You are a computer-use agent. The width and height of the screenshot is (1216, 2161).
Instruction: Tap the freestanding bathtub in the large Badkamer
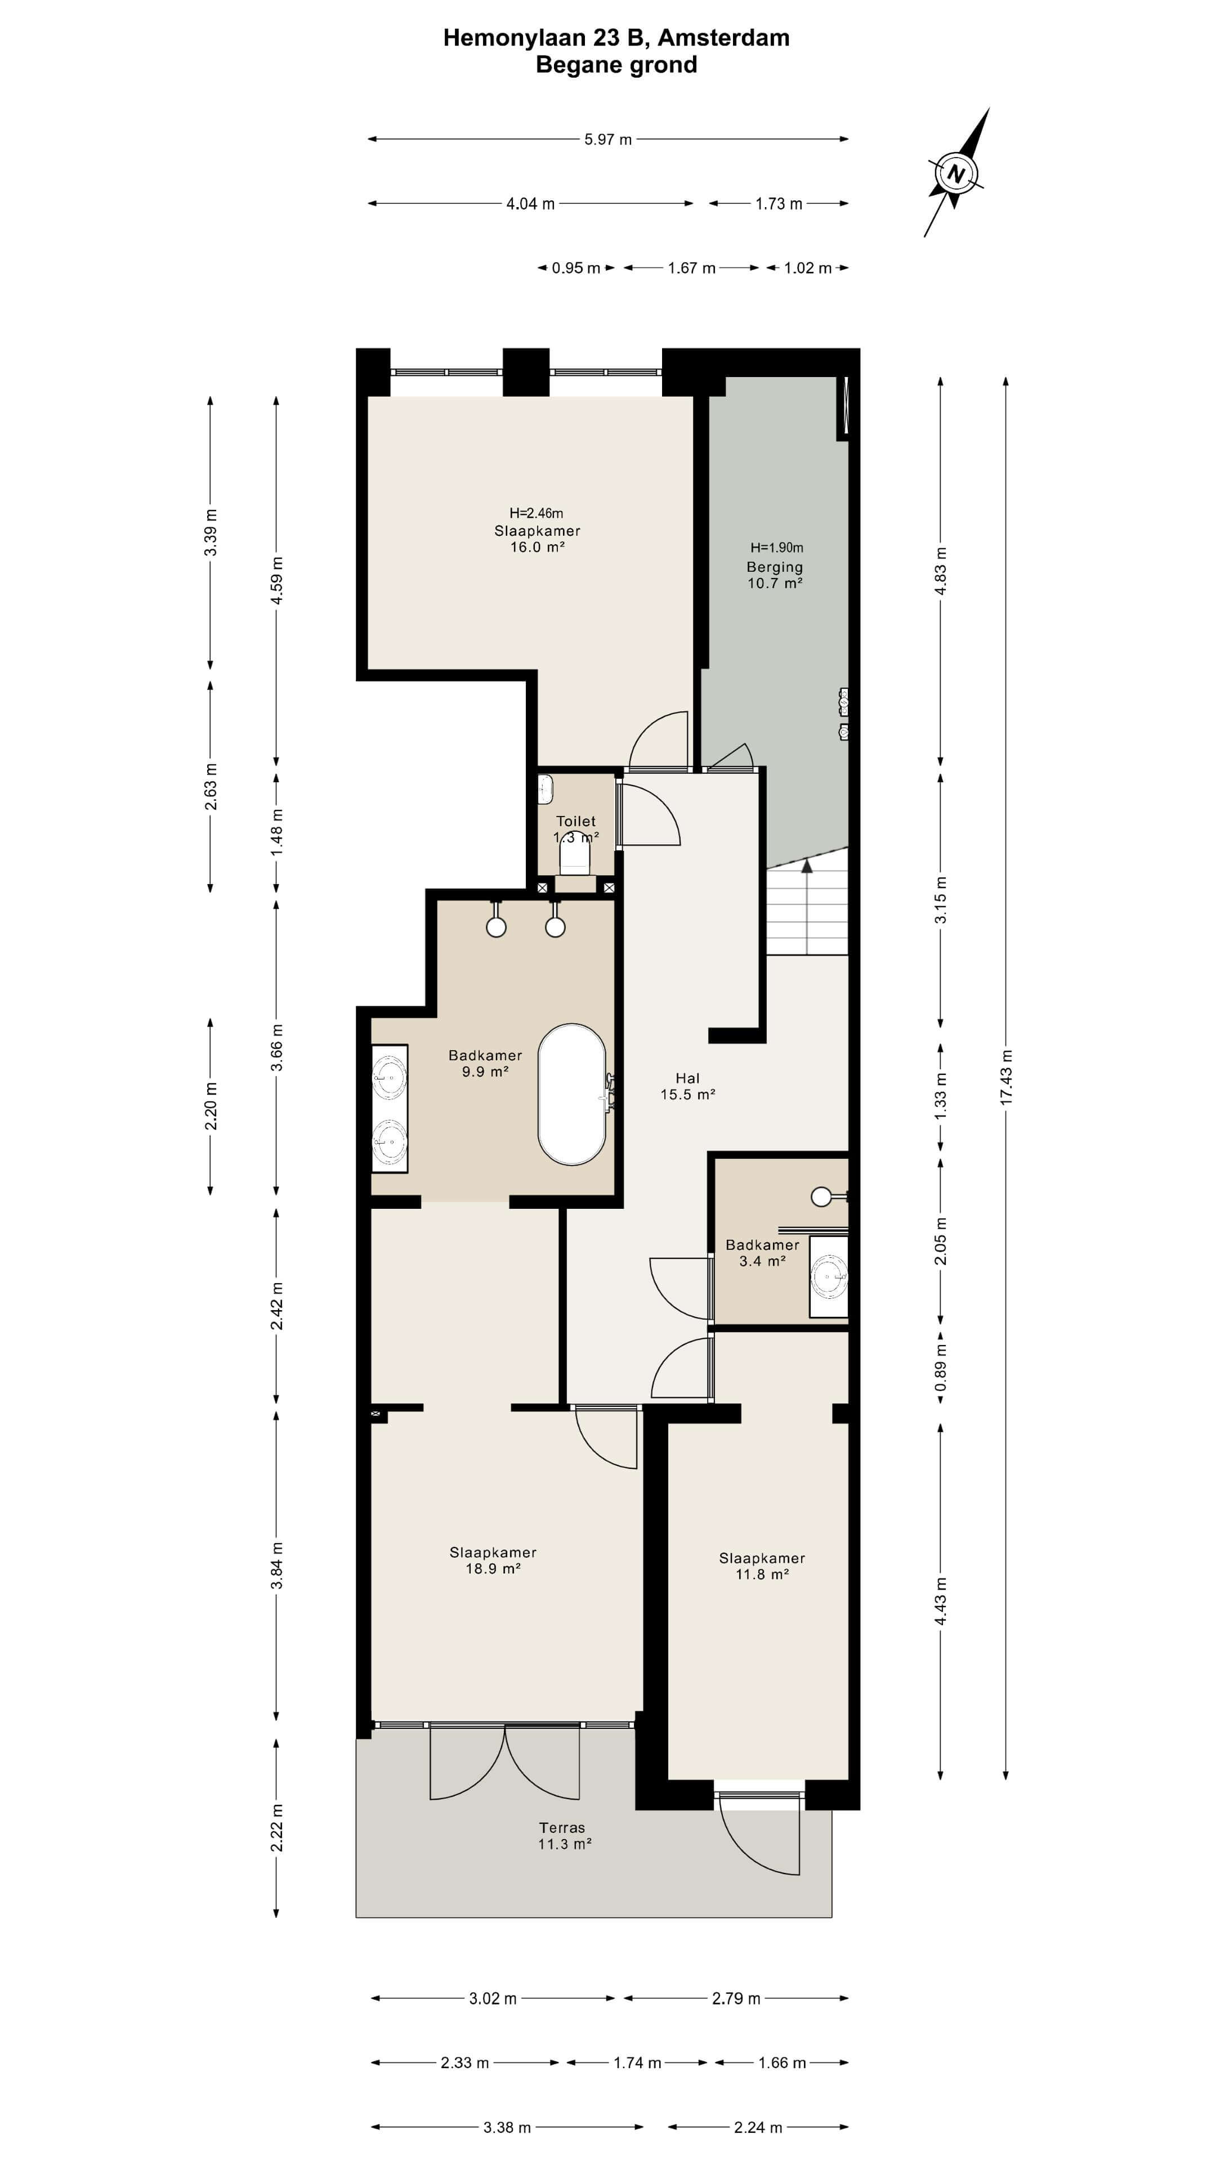(x=571, y=1094)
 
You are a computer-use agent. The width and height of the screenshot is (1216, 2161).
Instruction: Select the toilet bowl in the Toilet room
(x=575, y=854)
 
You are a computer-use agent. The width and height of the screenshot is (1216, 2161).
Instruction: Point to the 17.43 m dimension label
(x=1006, y=1077)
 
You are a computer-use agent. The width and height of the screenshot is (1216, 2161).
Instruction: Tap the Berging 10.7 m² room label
(x=775, y=575)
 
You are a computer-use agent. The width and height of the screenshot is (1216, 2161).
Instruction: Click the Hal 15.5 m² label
(x=687, y=1086)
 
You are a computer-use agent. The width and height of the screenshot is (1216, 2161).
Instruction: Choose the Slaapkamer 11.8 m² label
(x=762, y=1566)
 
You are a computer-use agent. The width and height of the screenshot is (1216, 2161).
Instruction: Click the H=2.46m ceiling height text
(x=537, y=513)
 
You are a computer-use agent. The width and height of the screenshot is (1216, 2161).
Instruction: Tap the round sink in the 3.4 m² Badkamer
(x=829, y=1277)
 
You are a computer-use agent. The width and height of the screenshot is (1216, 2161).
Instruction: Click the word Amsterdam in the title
(x=723, y=38)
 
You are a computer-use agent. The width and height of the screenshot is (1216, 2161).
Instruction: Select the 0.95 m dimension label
(x=576, y=268)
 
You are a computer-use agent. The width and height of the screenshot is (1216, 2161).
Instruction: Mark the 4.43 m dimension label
(x=941, y=1600)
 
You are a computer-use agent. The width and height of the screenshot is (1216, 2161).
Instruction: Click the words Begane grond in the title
(x=617, y=65)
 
